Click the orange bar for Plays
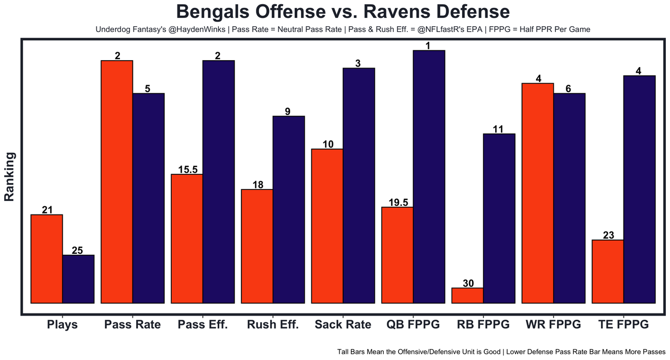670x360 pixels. coord(47,258)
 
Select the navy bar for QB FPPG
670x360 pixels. coord(429,176)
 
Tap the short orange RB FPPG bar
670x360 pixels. coord(467,296)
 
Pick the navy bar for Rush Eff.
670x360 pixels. coord(288,209)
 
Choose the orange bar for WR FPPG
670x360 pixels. coord(538,193)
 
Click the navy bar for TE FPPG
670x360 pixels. coord(639,189)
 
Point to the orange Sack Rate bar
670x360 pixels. coord(327,226)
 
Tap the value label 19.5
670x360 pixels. coord(398,202)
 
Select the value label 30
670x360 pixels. coord(468,283)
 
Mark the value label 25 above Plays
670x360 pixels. coord(77,250)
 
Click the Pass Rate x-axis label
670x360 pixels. coord(132,324)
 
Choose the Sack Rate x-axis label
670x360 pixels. coord(343,324)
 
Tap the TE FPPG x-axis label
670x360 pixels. coord(623,324)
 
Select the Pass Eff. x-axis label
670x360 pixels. coord(203,324)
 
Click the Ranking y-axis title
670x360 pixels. coord(9,176)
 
